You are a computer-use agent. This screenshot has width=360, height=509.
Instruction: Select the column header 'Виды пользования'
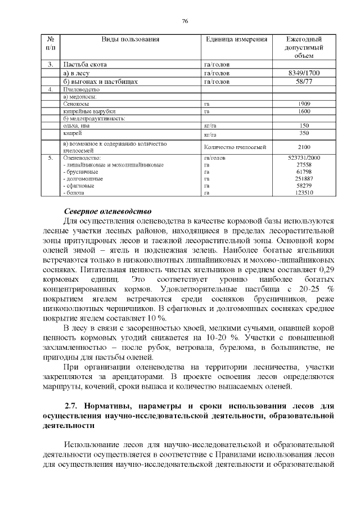point(130,39)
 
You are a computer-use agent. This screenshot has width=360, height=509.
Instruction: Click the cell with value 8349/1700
point(304,73)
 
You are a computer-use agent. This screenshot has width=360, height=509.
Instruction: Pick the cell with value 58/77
point(304,82)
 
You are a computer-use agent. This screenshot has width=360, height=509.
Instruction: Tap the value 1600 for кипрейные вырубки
point(304,111)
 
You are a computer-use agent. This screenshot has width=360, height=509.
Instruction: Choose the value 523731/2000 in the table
point(304,158)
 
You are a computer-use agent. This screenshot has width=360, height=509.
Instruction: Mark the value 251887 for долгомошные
point(304,178)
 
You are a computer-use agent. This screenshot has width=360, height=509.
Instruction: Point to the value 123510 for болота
point(304,192)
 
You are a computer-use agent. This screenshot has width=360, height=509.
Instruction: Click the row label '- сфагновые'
point(79,186)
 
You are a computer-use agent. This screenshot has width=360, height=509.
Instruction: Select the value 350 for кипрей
point(304,133)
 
